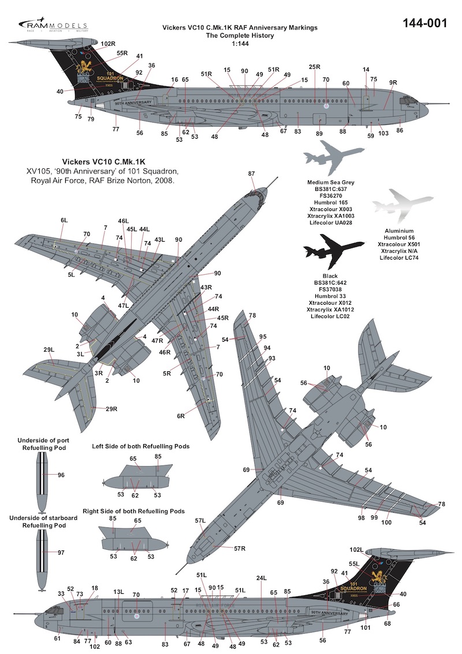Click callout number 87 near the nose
click(251, 173)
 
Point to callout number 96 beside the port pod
click(61, 475)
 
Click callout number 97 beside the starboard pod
click(61, 553)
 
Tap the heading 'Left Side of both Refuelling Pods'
click(141, 446)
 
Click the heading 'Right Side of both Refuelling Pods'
click(142, 512)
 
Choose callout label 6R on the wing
click(181, 416)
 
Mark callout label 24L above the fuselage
click(261, 578)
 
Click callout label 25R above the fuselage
click(314, 67)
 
